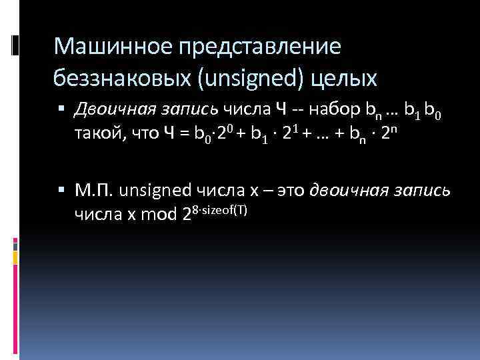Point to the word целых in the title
[x=349, y=79]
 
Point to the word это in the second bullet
[x=289, y=191]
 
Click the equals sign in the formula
[x=184, y=134]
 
